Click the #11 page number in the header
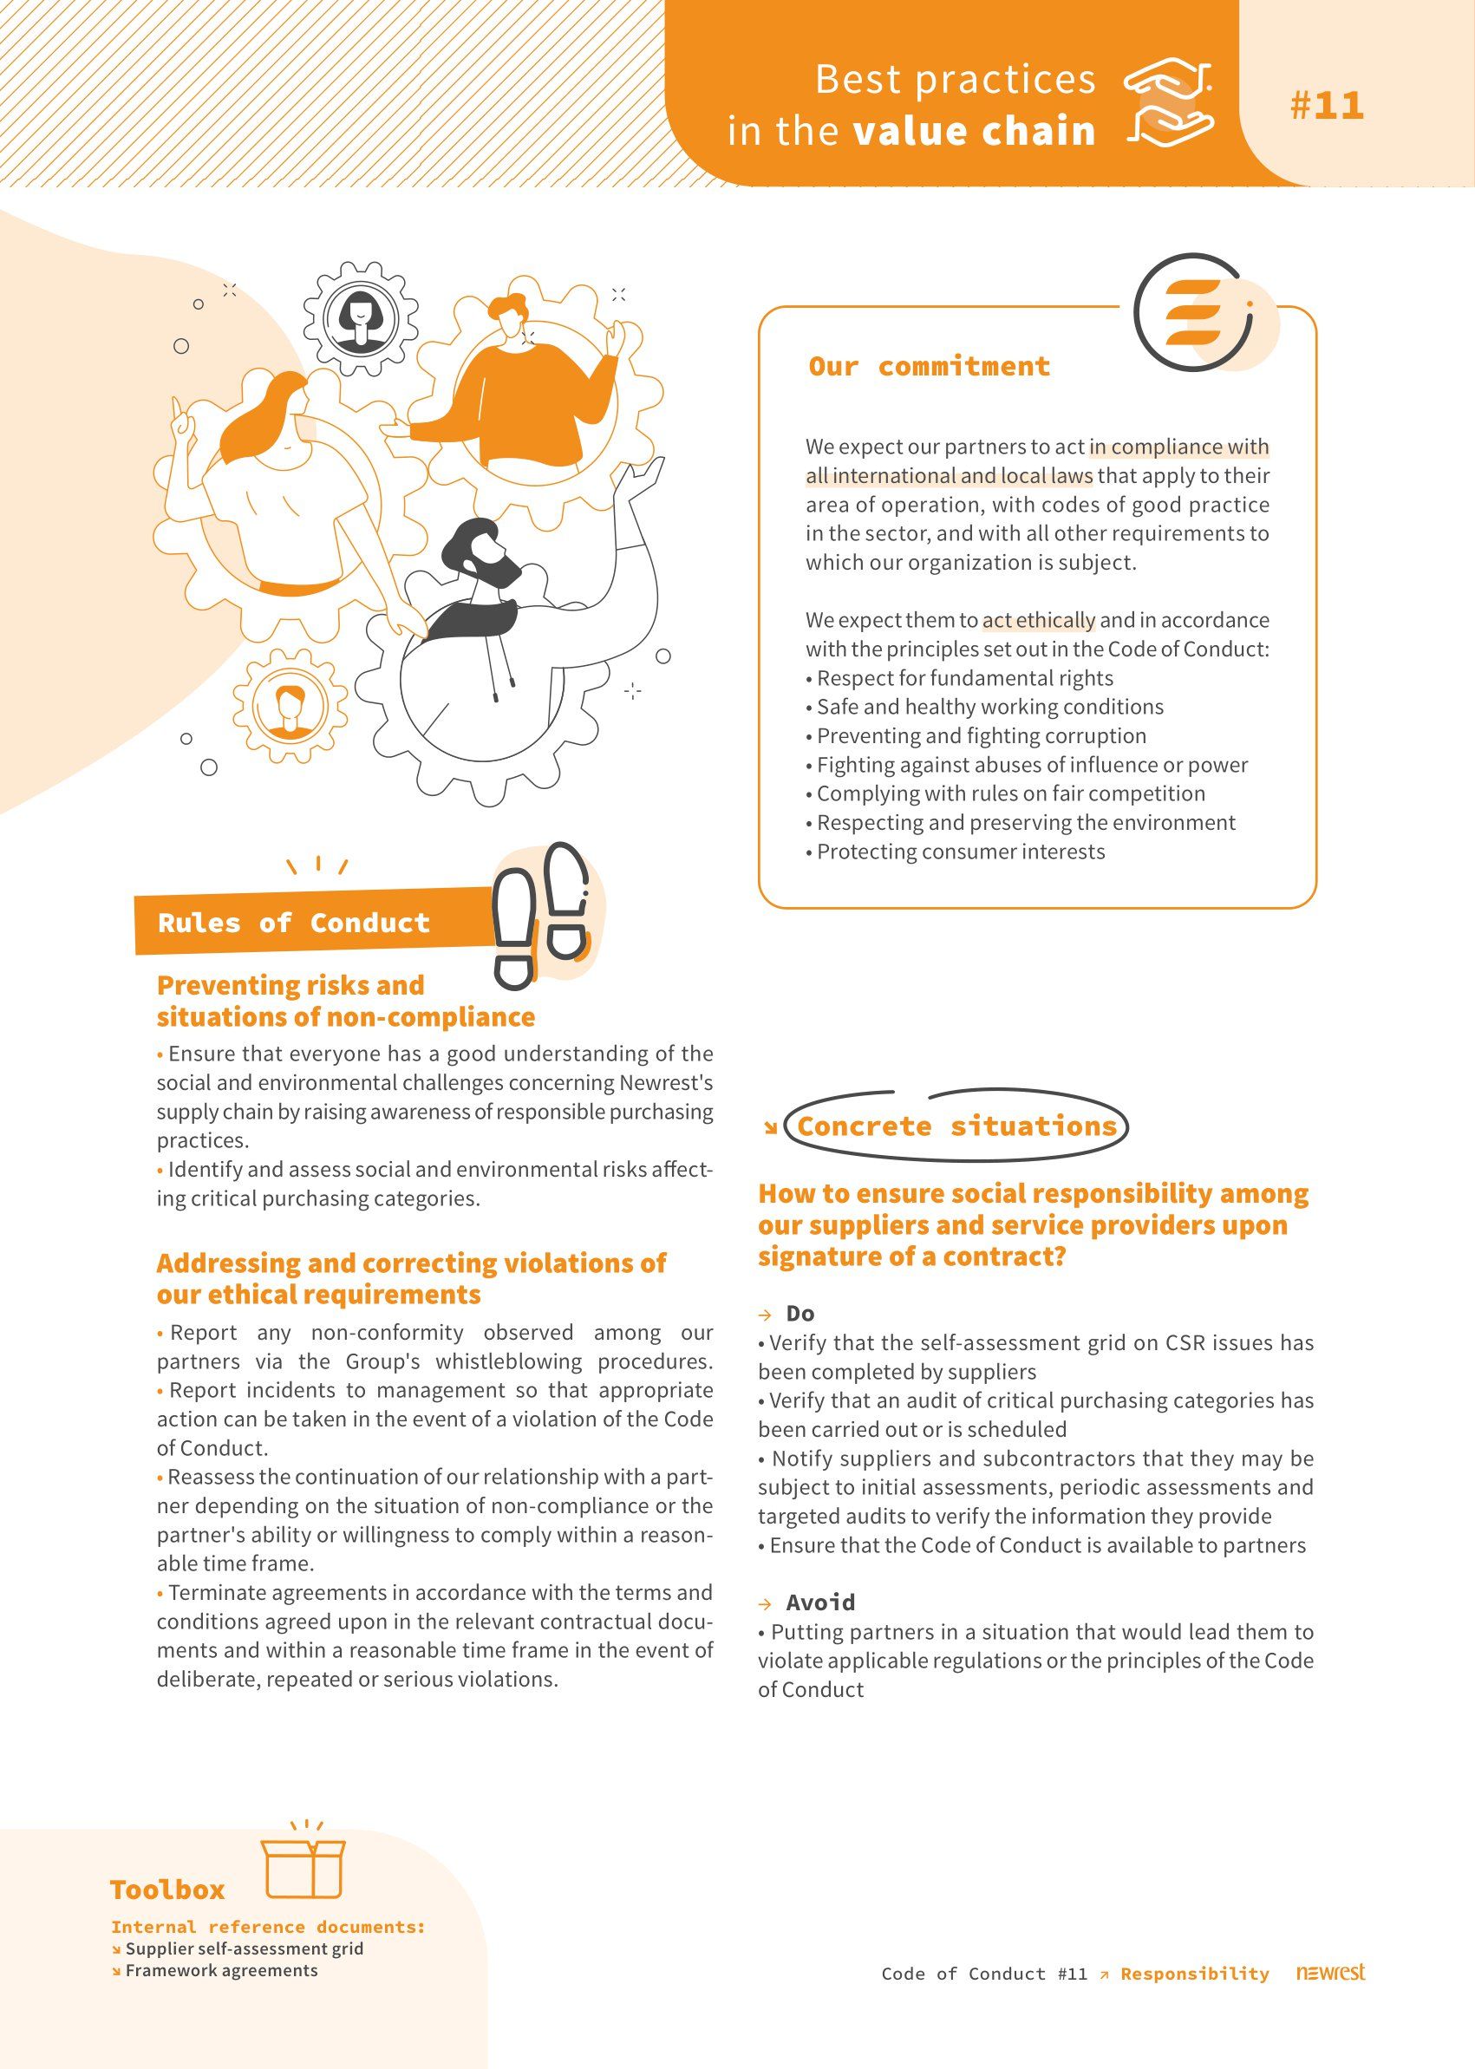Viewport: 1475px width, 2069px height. (1326, 105)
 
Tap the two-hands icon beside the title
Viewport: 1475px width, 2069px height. (1169, 103)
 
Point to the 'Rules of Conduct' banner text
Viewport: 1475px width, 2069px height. (293, 923)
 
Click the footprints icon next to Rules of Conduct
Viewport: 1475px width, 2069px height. (540, 915)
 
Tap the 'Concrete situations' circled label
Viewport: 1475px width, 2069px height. (956, 1126)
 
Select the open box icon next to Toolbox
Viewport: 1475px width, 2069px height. (303, 1860)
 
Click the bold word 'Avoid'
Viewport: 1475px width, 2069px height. (820, 1602)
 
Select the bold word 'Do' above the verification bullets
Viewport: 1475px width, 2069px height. (800, 1314)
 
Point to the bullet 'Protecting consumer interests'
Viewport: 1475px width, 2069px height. (960, 852)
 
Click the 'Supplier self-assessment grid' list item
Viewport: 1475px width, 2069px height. (244, 1949)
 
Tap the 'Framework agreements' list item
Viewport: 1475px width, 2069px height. (221, 1971)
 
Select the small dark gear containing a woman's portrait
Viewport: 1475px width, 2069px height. (362, 319)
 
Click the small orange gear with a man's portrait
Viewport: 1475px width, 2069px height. (290, 705)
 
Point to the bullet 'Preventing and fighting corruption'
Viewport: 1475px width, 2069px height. (981, 735)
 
